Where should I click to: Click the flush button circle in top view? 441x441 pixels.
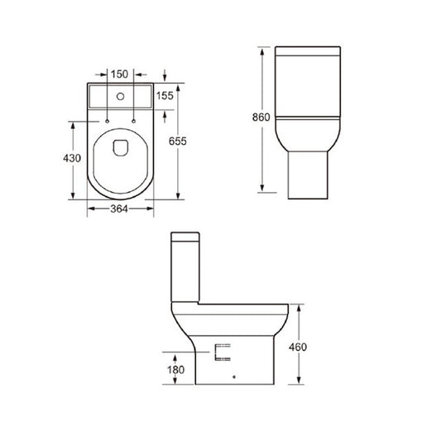click(121, 96)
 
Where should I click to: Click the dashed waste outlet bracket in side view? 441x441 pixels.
click(219, 353)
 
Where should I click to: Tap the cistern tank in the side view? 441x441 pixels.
click(187, 265)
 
